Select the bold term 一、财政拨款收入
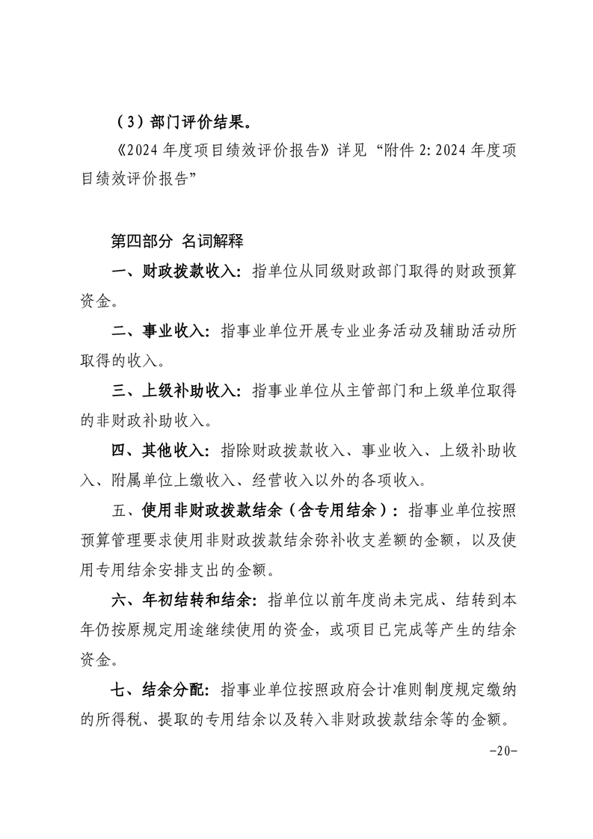click(176, 271)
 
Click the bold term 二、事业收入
click(160, 331)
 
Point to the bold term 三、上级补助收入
click(176, 391)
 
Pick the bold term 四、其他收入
click(160, 451)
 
